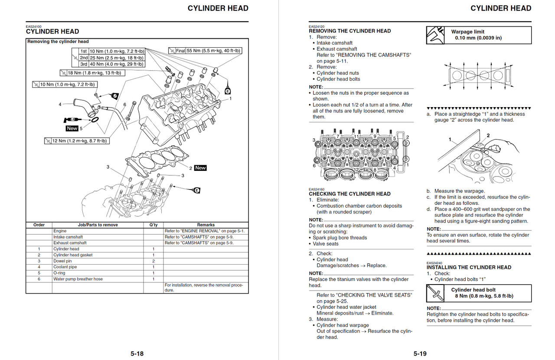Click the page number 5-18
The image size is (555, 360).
pos(137,353)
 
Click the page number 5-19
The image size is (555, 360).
pos(420,353)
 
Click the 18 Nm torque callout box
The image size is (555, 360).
pos(92,73)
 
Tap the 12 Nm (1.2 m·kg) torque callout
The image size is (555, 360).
pos(77,141)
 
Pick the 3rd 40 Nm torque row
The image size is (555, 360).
pos(112,64)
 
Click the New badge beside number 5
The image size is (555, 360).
pos(72,128)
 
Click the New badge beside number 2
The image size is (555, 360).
pos(200,168)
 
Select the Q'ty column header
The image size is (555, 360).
pos(153,225)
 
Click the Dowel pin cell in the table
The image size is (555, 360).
pos(62,261)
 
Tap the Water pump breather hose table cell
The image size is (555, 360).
pos(78,279)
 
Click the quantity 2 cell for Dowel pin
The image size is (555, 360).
pos(153,261)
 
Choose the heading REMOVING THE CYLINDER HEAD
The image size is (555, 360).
pos(349,31)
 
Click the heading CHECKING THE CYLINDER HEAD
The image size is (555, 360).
pos(349,194)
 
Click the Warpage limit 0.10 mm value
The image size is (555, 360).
pos(478,38)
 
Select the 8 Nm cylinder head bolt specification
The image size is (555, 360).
pos(484,296)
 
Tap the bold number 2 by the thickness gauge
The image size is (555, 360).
pos(488,136)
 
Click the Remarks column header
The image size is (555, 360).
pos(206,225)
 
